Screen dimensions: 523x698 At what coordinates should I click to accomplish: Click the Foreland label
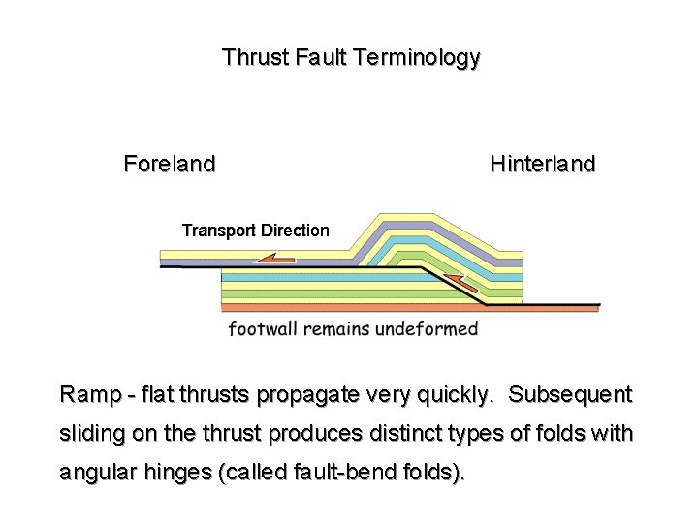coord(170,164)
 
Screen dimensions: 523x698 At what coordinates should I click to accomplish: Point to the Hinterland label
coord(543,164)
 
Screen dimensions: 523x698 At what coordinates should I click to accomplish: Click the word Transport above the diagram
coord(218,231)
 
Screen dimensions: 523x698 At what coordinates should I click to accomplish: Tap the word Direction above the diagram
coord(293,231)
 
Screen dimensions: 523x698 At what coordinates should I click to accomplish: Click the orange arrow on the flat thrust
coord(277,259)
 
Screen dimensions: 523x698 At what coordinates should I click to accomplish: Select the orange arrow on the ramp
coord(463,284)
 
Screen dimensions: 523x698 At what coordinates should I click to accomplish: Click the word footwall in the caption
coord(263,328)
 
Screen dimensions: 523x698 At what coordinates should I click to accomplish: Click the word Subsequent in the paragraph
coord(570,395)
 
